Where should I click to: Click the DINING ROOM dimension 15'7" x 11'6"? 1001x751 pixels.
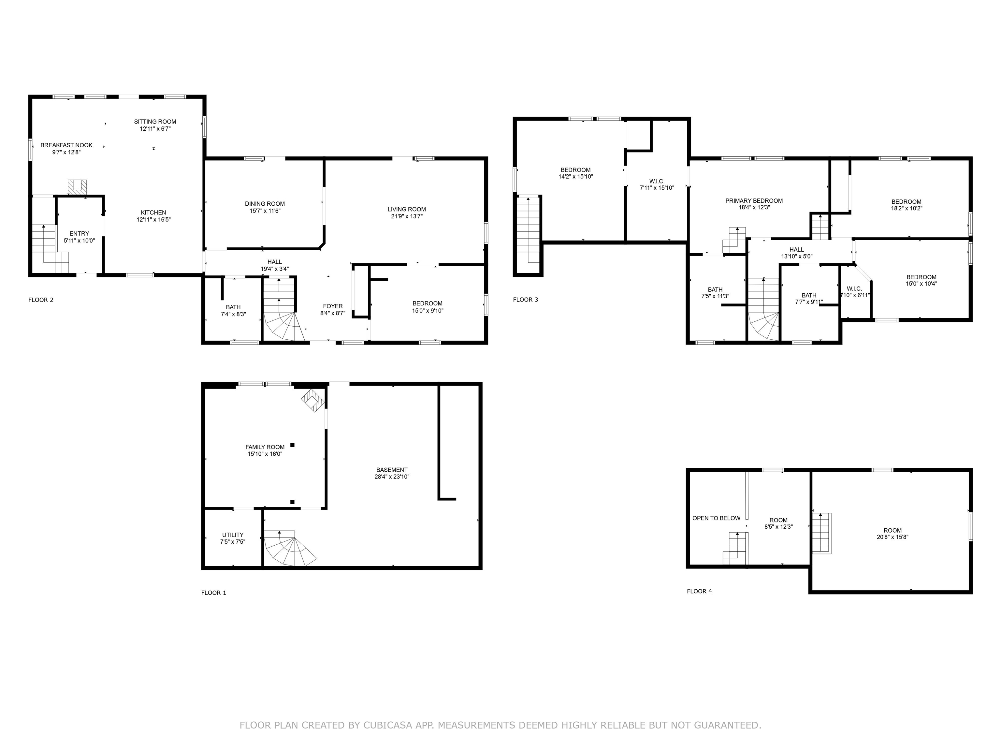[x=265, y=211]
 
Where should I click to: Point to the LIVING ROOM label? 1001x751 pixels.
[x=406, y=210]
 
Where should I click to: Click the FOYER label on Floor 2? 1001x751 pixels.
[x=333, y=306]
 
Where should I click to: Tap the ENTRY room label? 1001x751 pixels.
[x=79, y=234]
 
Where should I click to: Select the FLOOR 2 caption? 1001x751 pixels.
[x=41, y=300]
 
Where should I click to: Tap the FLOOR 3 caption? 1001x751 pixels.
[x=525, y=300]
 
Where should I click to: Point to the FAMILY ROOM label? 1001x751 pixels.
[x=265, y=447]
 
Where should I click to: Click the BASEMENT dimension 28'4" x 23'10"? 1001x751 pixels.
[x=392, y=477]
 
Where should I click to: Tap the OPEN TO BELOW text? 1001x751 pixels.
[x=716, y=518]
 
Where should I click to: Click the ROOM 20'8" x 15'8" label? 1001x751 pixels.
[x=892, y=534]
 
